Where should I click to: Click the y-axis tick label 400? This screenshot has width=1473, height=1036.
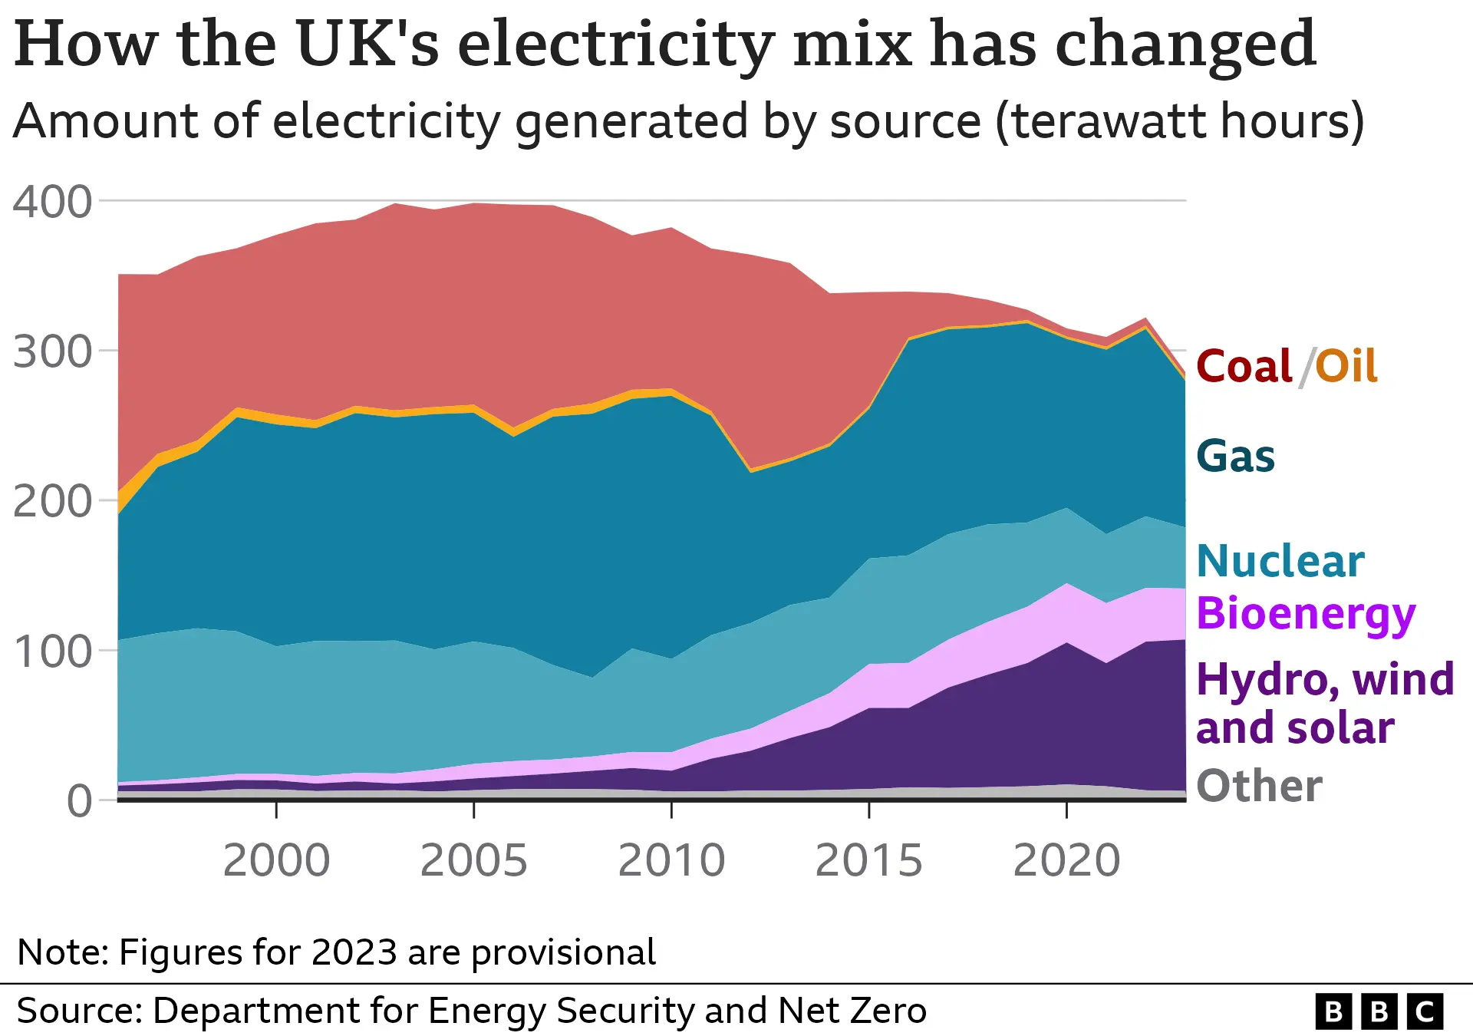pyautogui.click(x=52, y=203)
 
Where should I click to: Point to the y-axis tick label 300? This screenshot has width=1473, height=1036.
pyautogui.click(x=52, y=353)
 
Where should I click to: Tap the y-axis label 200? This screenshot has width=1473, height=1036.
pyautogui.click(x=52, y=503)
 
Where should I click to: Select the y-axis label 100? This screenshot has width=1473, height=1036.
pyautogui.click(x=52, y=652)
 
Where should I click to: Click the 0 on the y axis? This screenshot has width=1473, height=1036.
pyautogui.click(x=79, y=802)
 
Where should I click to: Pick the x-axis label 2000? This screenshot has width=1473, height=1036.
pyautogui.click(x=276, y=860)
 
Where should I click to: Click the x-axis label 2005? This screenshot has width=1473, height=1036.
pyautogui.click(x=473, y=860)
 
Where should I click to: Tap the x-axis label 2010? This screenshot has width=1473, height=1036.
pyautogui.click(x=671, y=860)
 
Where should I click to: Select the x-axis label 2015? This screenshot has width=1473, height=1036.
pyautogui.click(x=868, y=860)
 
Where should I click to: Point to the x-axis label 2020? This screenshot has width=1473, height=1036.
pyautogui.click(x=1066, y=860)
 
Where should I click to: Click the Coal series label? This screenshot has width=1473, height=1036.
pyautogui.click(x=1244, y=366)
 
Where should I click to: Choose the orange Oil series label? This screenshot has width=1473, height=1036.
pyautogui.click(x=1346, y=366)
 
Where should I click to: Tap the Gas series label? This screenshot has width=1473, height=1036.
pyautogui.click(x=1235, y=457)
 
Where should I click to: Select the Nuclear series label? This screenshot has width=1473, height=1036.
pyautogui.click(x=1280, y=561)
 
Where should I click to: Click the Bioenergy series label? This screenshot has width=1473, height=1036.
pyautogui.click(x=1305, y=614)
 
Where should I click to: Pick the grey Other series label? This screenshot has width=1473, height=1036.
pyautogui.click(x=1259, y=786)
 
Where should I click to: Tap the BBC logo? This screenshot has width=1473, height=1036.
pyautogui.click(x=1379, y=1011)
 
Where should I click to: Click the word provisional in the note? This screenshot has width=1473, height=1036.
pyautogui.click(x=563, y=952)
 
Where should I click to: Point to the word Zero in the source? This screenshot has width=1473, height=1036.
pyautogui.click(x=891, y=1011)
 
